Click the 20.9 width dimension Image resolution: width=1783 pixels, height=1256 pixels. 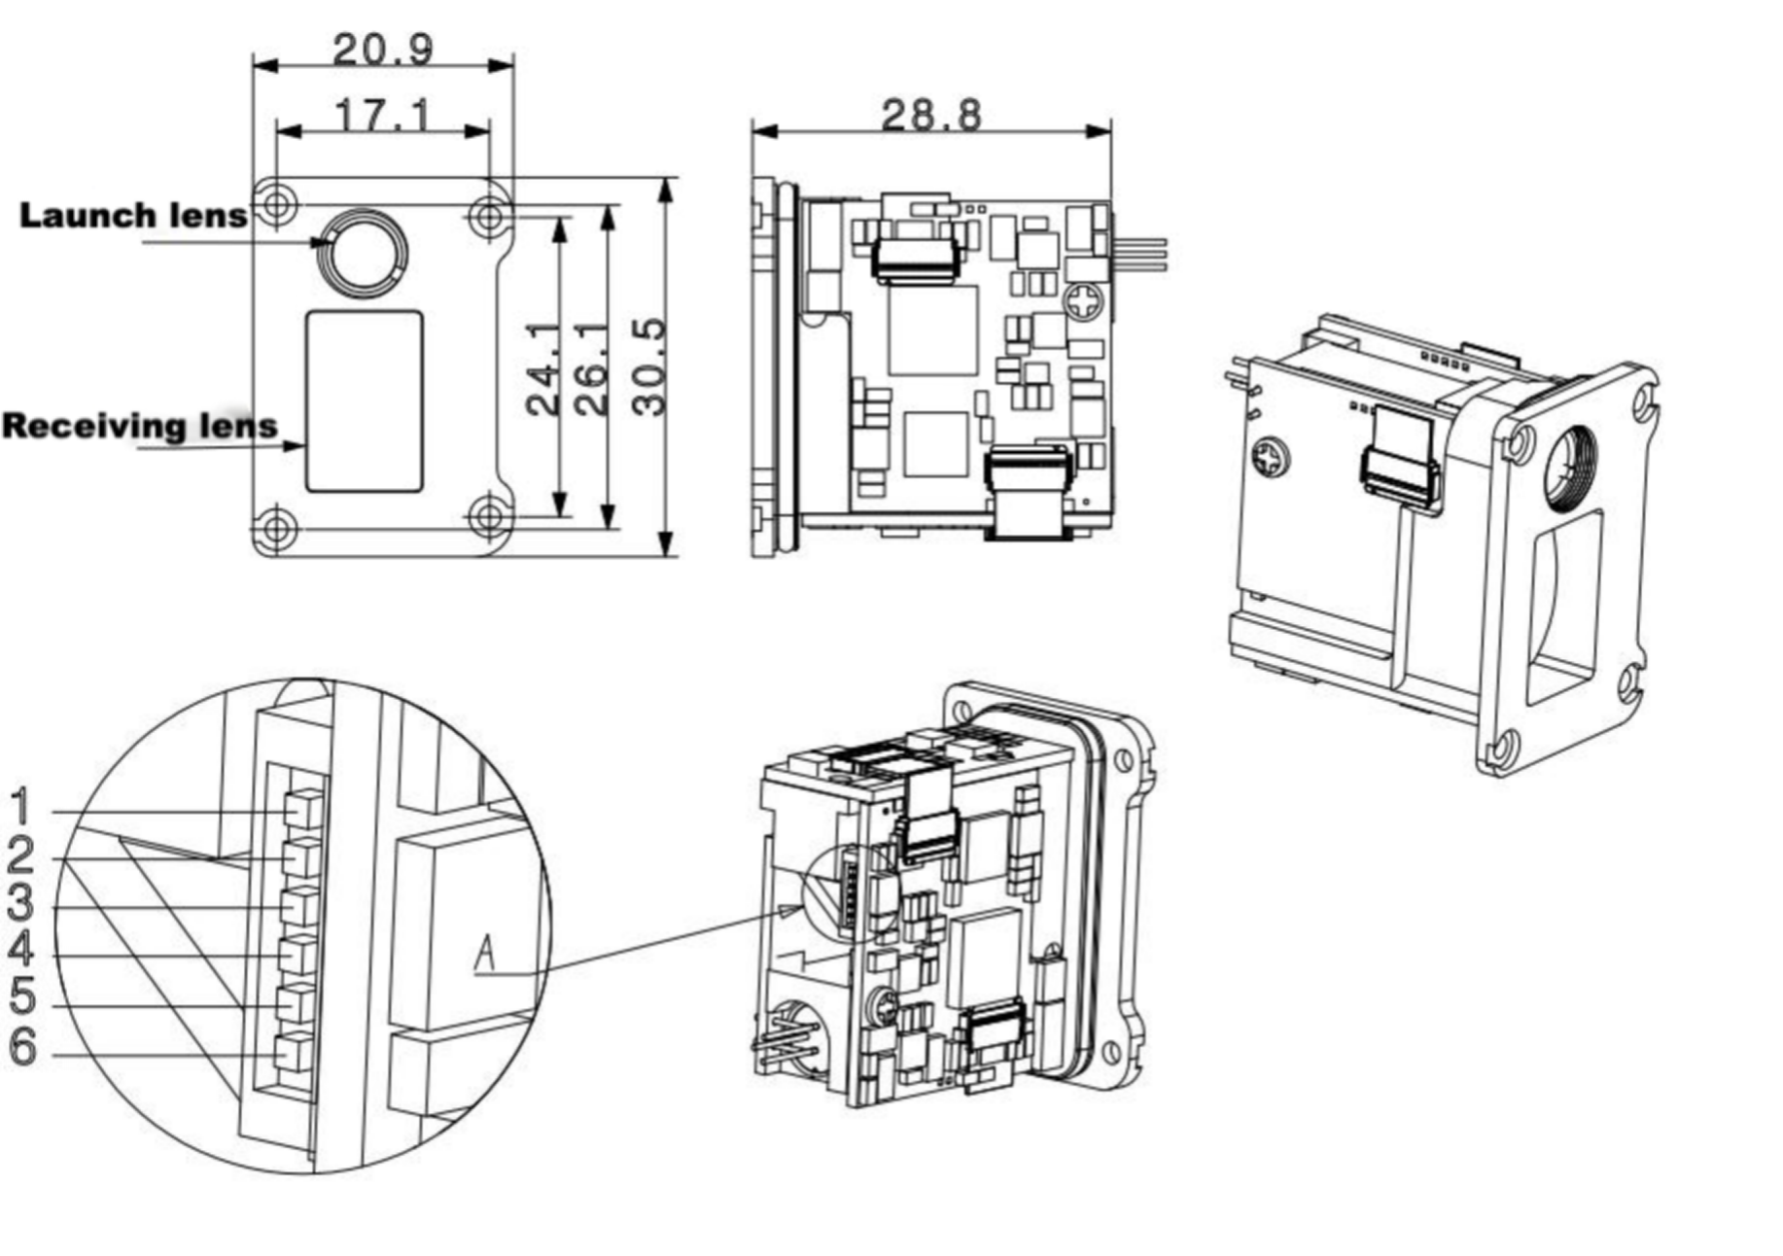click(382, 49)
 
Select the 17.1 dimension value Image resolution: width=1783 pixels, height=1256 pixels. click(382, 115)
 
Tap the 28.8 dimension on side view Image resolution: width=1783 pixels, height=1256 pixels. click(930, 115)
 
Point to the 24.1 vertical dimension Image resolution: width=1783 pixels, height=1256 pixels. click(544, 369)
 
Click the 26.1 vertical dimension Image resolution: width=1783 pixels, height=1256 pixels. click(591, 369)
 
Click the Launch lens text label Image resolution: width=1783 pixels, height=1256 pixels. click(133, 215)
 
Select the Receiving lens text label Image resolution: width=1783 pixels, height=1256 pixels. click(139, 426)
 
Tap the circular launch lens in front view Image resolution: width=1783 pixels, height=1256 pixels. click(365, 253)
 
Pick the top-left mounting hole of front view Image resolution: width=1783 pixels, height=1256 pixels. click(277, 204)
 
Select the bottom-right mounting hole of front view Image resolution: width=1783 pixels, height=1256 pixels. click(490, 515)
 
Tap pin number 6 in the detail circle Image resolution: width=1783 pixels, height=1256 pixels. click(21, 1047)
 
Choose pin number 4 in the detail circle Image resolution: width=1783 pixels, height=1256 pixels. click(21, 950)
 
